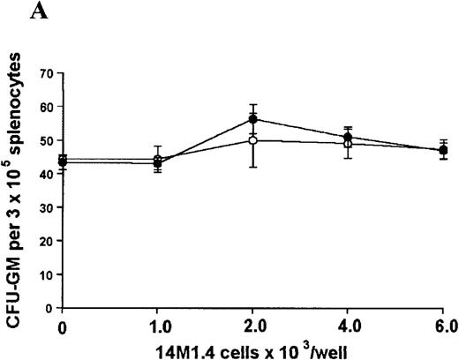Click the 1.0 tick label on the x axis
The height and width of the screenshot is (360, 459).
coord(158,326)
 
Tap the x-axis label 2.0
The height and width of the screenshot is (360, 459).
coord(253,326)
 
